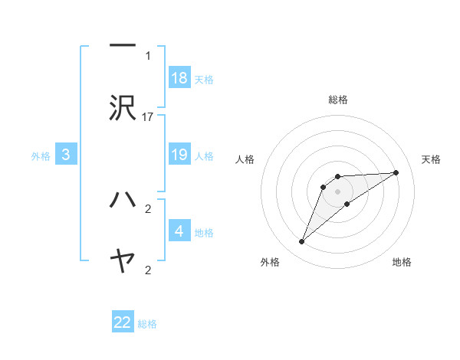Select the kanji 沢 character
[123, 108]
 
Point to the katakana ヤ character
[123, 261]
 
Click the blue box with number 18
[179, 77]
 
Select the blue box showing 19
[179, 155]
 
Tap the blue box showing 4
[179, 231]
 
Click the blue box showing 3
[66, 155]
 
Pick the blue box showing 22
[123, 322]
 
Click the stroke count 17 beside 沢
[149, 117]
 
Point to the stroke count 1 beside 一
[148, 56]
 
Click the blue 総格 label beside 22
[147, 324]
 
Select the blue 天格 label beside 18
[204, 79]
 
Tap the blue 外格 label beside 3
[41, 156]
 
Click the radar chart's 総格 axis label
[337, 100]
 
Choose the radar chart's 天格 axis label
[432, 159]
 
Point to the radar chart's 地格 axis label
[402, 262]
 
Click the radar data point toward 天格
[396, 172]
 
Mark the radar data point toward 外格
[301, 242]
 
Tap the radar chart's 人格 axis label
[245, 159]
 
